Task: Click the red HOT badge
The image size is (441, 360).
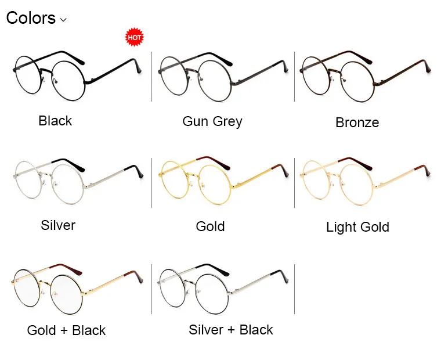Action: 134,38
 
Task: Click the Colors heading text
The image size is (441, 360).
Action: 31,18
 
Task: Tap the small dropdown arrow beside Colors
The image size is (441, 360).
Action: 63,20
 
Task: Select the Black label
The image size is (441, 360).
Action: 55,121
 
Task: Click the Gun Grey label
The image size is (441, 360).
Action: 212,121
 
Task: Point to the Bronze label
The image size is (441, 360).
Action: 357,123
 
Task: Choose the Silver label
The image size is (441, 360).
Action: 58,225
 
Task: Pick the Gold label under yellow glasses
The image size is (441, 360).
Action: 210,226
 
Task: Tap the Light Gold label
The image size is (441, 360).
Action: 357,227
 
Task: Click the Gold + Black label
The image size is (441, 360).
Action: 66,330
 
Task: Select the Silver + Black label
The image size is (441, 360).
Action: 231,330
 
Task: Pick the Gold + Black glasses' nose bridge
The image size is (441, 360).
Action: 47,281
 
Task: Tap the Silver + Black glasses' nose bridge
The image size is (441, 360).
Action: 191,281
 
